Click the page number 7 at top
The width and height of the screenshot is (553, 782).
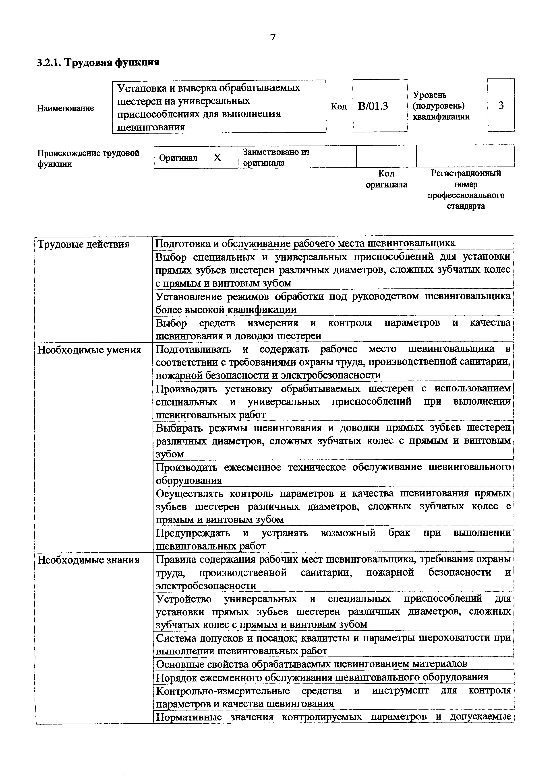(x=273, y=37)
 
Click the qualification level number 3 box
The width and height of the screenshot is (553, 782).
(x=501, y=106)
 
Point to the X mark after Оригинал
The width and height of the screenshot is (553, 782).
(x=217, y=158)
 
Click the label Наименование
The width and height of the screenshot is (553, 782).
(x=65, y=108)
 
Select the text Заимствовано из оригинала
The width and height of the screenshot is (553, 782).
(x=276, y=157)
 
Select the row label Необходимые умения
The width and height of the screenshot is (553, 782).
(x=89, y=350)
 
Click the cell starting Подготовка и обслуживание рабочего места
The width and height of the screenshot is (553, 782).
(x=305, y=243)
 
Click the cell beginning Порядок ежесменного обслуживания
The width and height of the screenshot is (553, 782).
(x=322, y=677)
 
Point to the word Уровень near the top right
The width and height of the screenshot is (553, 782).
(x=429, y=95)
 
